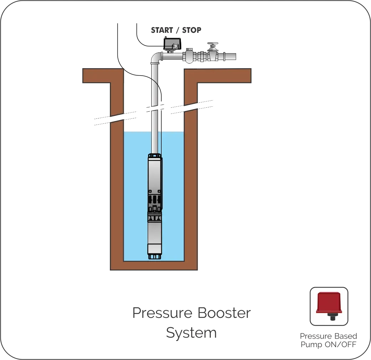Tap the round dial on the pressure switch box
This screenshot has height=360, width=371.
[174, 46]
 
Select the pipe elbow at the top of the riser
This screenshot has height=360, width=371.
[156, 57]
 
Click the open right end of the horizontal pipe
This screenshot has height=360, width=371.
[234, 56]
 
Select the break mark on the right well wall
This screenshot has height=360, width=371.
[190, 106]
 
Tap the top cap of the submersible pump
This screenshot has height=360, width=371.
[155, 156]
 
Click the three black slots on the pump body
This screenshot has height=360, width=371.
[155, 198]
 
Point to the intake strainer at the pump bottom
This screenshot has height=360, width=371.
[155, 256]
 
